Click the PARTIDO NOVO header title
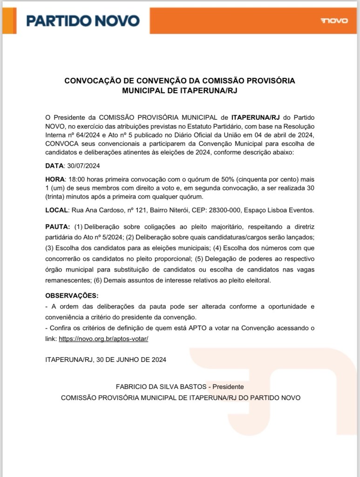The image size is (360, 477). [83, 21]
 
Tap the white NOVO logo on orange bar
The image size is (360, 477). [334, 21]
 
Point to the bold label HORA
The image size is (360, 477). [54, 179]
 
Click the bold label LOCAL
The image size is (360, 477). [56, 210]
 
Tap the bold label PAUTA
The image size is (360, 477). [57, 227]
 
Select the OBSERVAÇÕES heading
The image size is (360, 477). [72, 296]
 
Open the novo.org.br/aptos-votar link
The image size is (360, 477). [103, 339]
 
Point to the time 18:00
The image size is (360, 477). [77, 179]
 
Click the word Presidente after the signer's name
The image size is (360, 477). [228, 387]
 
